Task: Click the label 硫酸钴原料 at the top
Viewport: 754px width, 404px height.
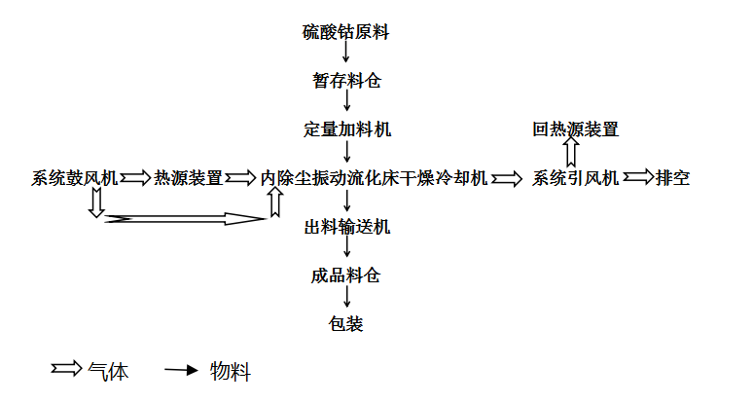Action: tap(345, 32)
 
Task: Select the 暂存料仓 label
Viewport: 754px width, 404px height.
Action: tap(346, 81)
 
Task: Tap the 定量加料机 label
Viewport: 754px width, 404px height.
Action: tap(346, 129)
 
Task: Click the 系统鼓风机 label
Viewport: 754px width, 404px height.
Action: tap(75, 178)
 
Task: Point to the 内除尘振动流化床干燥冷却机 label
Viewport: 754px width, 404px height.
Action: tap(374, 178)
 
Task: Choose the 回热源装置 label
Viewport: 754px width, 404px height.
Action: tap(575, 129)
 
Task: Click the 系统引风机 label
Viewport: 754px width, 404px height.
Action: tap(575, 178)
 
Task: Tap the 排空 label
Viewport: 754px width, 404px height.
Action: tap(672, 178)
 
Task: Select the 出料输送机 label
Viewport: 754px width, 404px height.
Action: tap(346, 227)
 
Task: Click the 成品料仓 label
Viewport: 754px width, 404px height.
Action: tap(345, 275)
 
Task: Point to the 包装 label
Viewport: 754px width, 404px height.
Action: tap(345, 323)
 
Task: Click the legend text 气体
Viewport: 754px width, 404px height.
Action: tap(108, 372)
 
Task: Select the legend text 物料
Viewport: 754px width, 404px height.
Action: tap(231, 372)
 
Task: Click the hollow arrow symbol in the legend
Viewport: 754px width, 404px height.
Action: tap(67, 368)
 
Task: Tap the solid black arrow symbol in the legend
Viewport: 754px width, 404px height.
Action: tap(181, 370)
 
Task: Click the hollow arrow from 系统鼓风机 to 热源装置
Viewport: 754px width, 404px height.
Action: tap(135, 178)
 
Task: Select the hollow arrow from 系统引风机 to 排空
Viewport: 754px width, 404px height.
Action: tap(638, 177)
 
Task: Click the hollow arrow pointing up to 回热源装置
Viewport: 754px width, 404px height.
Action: tap(571, 152)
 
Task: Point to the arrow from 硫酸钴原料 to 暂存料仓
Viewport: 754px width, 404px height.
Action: tap(345, 52)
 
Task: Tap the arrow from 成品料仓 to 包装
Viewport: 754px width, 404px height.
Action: tap(346, 296)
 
